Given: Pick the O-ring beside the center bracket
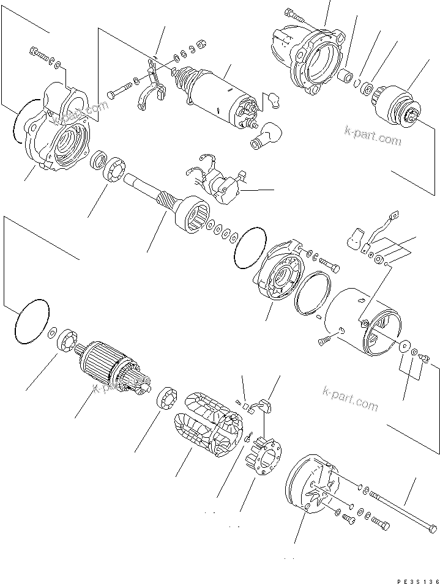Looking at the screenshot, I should pos(250,248).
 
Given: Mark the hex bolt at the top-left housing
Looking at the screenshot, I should pos(40,56).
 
